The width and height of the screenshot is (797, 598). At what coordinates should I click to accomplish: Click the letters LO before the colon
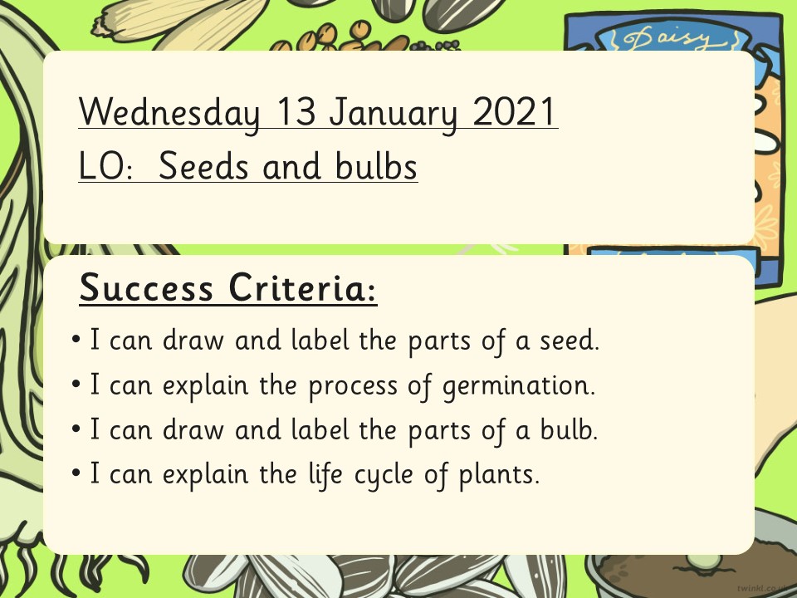[x=100, y=166]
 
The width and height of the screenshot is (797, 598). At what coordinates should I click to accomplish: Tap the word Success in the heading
[x=146, y=287]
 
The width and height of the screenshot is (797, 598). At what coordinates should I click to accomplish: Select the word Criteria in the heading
[x=298, y=287]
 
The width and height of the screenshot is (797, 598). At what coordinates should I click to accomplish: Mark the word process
[x=354, y=386]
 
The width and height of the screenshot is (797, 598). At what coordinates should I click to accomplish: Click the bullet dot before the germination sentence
[x=76, y=384]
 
